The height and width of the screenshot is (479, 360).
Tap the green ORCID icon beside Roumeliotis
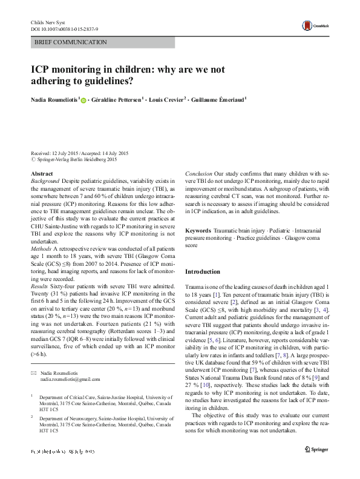coord(83,101)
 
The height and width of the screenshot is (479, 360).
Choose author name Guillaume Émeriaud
coord(220,101)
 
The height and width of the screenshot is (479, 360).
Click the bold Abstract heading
coord(41,174)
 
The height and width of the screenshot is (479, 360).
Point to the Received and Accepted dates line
coord(76,154)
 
